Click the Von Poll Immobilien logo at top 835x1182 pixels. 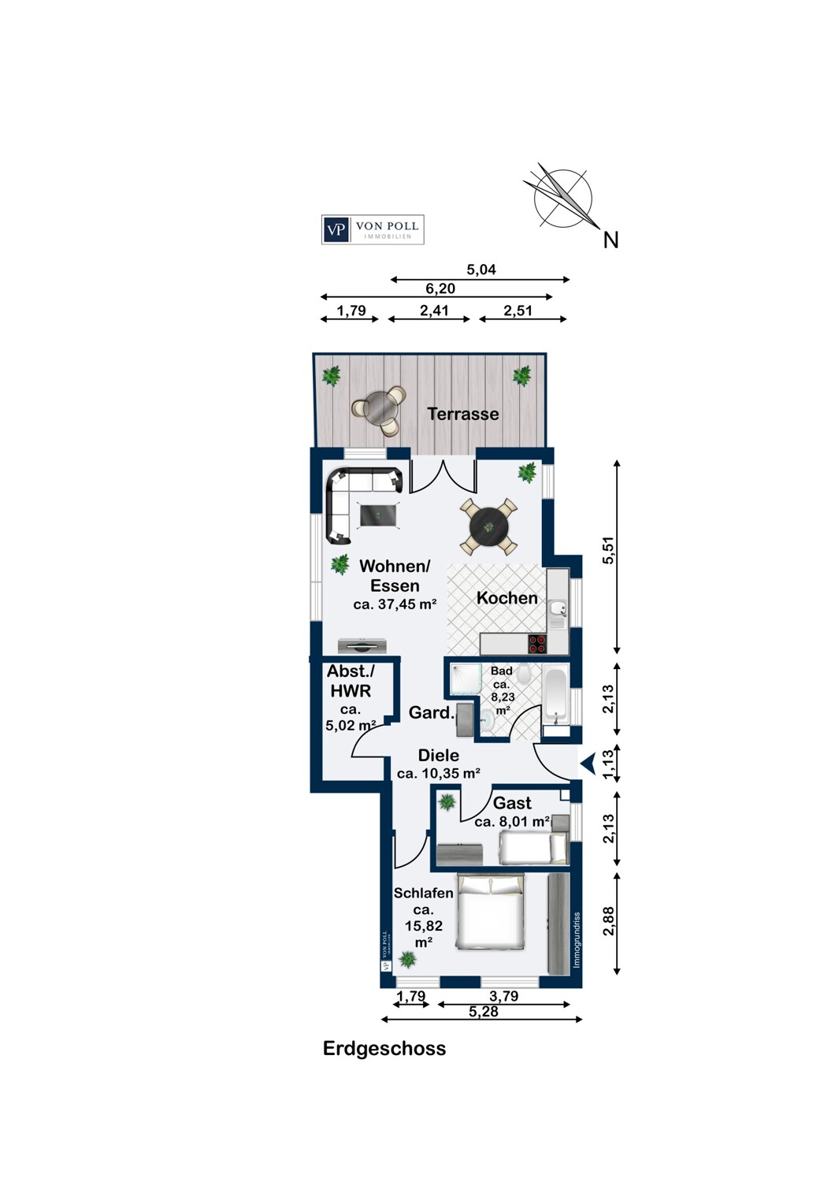(x=373, y=229)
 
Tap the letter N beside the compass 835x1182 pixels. (x=610, y=240)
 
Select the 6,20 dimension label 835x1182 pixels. (x=440, y=288)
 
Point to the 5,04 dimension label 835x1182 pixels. (x=481, y=269)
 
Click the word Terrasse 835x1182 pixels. (x=462, y=414)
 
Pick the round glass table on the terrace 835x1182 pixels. (x=377, y=407)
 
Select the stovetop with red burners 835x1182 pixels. (x=537, y=644)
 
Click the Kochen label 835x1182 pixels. (x=507, y=598)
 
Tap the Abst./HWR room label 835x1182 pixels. (x=350, y=681)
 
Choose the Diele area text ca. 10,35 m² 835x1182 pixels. (x=438, y=774)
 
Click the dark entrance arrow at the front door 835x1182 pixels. (x=588, y=763)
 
